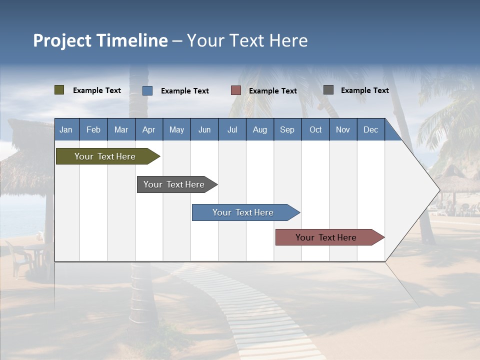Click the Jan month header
[66, 129]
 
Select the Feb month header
[93, 129]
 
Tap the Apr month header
[148, 129]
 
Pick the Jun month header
[204, 129]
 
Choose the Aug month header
[259, 129]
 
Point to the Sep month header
[287, 129]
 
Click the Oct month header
[315, 129]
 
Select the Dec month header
[370, 129]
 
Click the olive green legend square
[59, 90]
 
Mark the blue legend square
[147, 90]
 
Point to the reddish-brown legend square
[236, 90]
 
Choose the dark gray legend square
[328, 90]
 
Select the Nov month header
[343, 129]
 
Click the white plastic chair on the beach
[18, 257]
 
